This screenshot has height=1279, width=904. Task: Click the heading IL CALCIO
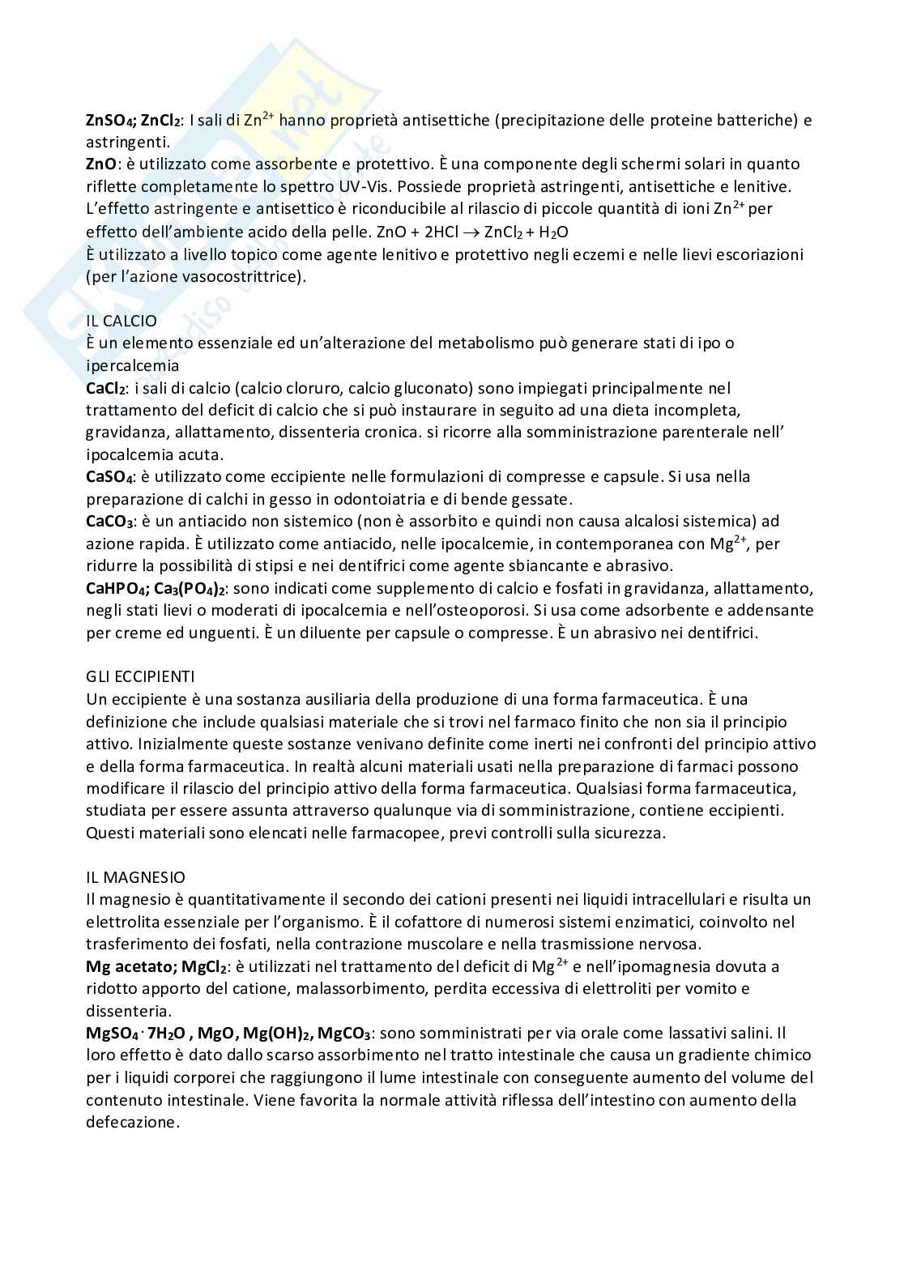pos(122,321)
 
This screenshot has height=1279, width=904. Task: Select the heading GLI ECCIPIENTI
pos(140,676)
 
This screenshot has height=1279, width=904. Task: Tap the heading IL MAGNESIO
pos(135,877)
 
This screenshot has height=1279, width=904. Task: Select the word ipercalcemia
pos(132,366)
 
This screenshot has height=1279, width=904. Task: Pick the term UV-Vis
pos(362,186)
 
